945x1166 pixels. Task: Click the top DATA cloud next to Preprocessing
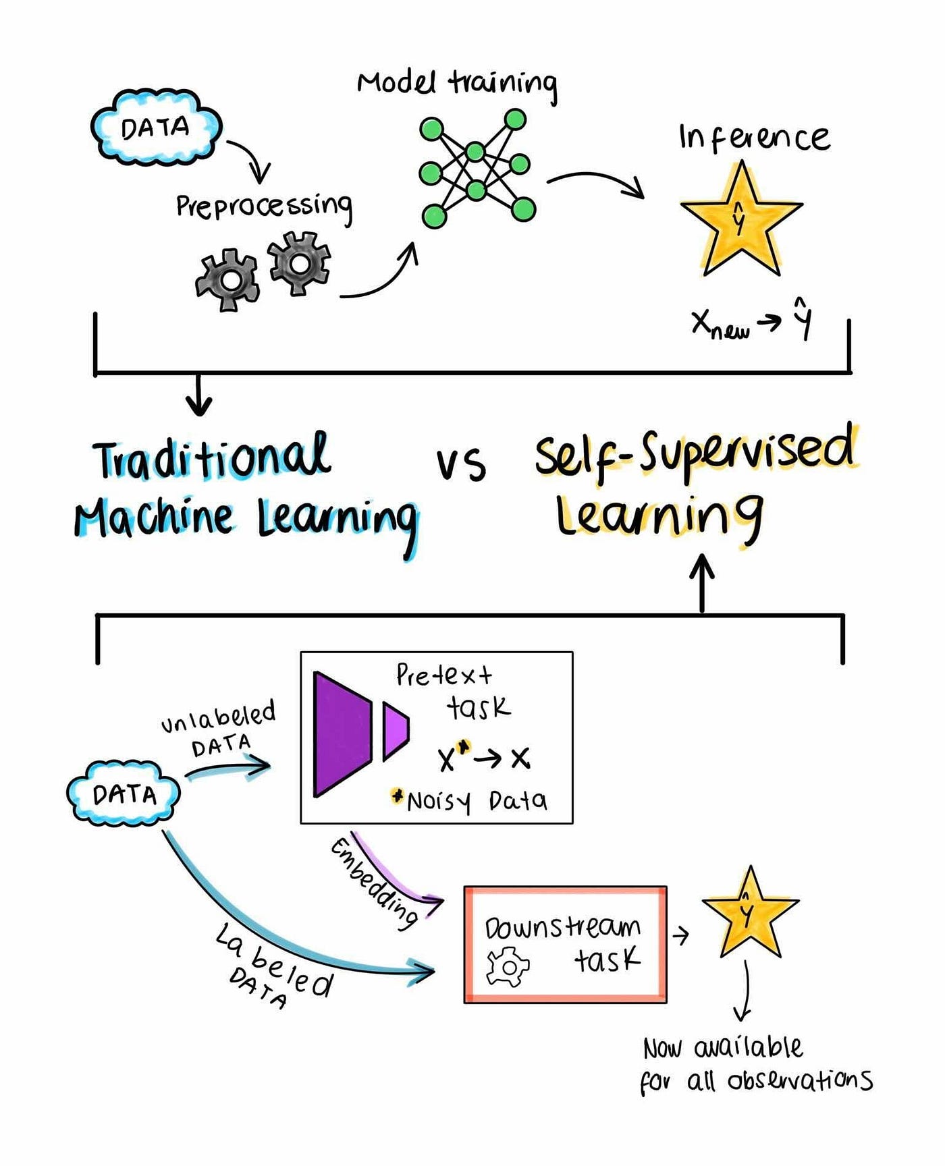pyautogui.click(x=156, y=128)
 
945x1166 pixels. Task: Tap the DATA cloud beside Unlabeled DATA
pyautogui.click(x=124, y=794)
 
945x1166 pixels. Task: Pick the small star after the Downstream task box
pyautogui.click(x=749, y=914)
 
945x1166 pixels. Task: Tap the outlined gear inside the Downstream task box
pyautogui.click(x=508, y=967)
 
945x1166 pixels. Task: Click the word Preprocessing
pyautogui.click(x=264, y=205)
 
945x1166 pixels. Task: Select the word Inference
pyautogui.click(x=754, y=137)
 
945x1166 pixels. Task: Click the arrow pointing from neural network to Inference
pyautogui.click(x=595, y=182)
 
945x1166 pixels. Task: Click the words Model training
pyautogui.click(x=457, y=83)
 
